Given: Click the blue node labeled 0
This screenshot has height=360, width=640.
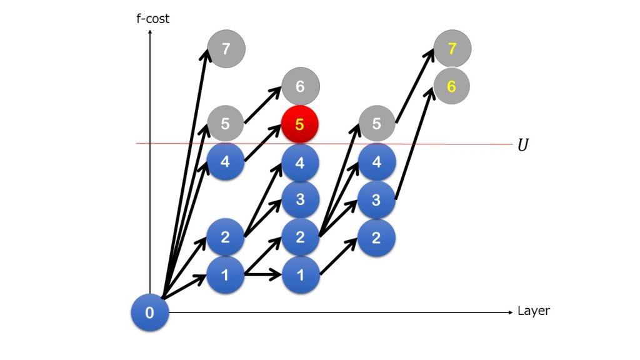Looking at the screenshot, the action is [150, 312].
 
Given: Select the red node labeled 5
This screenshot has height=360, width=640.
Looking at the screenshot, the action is [299, 124].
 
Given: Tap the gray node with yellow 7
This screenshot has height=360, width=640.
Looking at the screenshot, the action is [452, 49].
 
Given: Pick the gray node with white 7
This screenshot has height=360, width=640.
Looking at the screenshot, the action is [226, 49].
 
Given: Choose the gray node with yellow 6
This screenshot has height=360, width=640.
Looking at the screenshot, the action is [451, 86].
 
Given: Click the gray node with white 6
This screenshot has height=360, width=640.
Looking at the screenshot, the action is [301, 86].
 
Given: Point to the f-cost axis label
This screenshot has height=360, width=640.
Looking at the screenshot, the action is [152, 19].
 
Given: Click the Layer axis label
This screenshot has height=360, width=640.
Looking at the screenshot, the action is [534, 311].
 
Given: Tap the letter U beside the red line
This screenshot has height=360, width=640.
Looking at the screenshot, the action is [523, 145].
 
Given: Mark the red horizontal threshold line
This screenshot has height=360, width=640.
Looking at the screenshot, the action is [324, 144].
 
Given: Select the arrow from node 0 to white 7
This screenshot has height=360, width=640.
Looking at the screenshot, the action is [186, 174].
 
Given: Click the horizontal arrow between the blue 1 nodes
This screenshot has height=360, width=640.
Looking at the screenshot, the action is [263, 275].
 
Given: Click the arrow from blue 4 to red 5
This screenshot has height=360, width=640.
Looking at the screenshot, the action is [263, 143].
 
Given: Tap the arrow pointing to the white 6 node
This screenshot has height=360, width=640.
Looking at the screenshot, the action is [263, 104].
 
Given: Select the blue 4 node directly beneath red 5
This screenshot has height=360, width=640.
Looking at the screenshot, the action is [300, 162].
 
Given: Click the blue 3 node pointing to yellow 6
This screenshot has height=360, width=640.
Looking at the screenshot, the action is [376, 200].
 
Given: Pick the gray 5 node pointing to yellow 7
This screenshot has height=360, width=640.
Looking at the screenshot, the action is [377, 123].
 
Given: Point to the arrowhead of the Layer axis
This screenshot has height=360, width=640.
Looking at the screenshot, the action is [511, 312].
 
